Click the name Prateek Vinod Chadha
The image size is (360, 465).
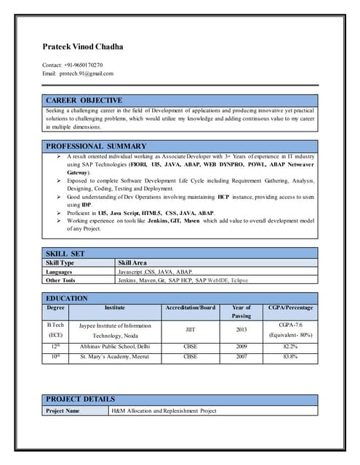tap(83, 46)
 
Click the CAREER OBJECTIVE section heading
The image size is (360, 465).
tap(84, 100)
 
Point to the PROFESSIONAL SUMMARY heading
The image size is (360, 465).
tap(96, 146)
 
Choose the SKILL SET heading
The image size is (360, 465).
tap(65, 253)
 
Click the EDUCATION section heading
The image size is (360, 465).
tap(67, 298)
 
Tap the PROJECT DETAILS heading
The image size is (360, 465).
tap(80, 399)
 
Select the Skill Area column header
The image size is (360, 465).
tap(132, 262)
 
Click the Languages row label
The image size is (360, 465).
tap(60, 271)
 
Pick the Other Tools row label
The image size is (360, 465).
tap(60, 280)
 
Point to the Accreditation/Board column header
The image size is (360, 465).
tap(191, 308)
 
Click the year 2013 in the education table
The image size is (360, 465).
tap(241, 329)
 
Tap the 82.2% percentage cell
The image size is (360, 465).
tap(290, 347)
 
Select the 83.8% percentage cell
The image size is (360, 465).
tap(290, 357)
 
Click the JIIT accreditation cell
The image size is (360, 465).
tap(191, 329)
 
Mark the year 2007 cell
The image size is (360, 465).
tap(241, 357)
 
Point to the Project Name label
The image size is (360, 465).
tap(63, 411)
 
